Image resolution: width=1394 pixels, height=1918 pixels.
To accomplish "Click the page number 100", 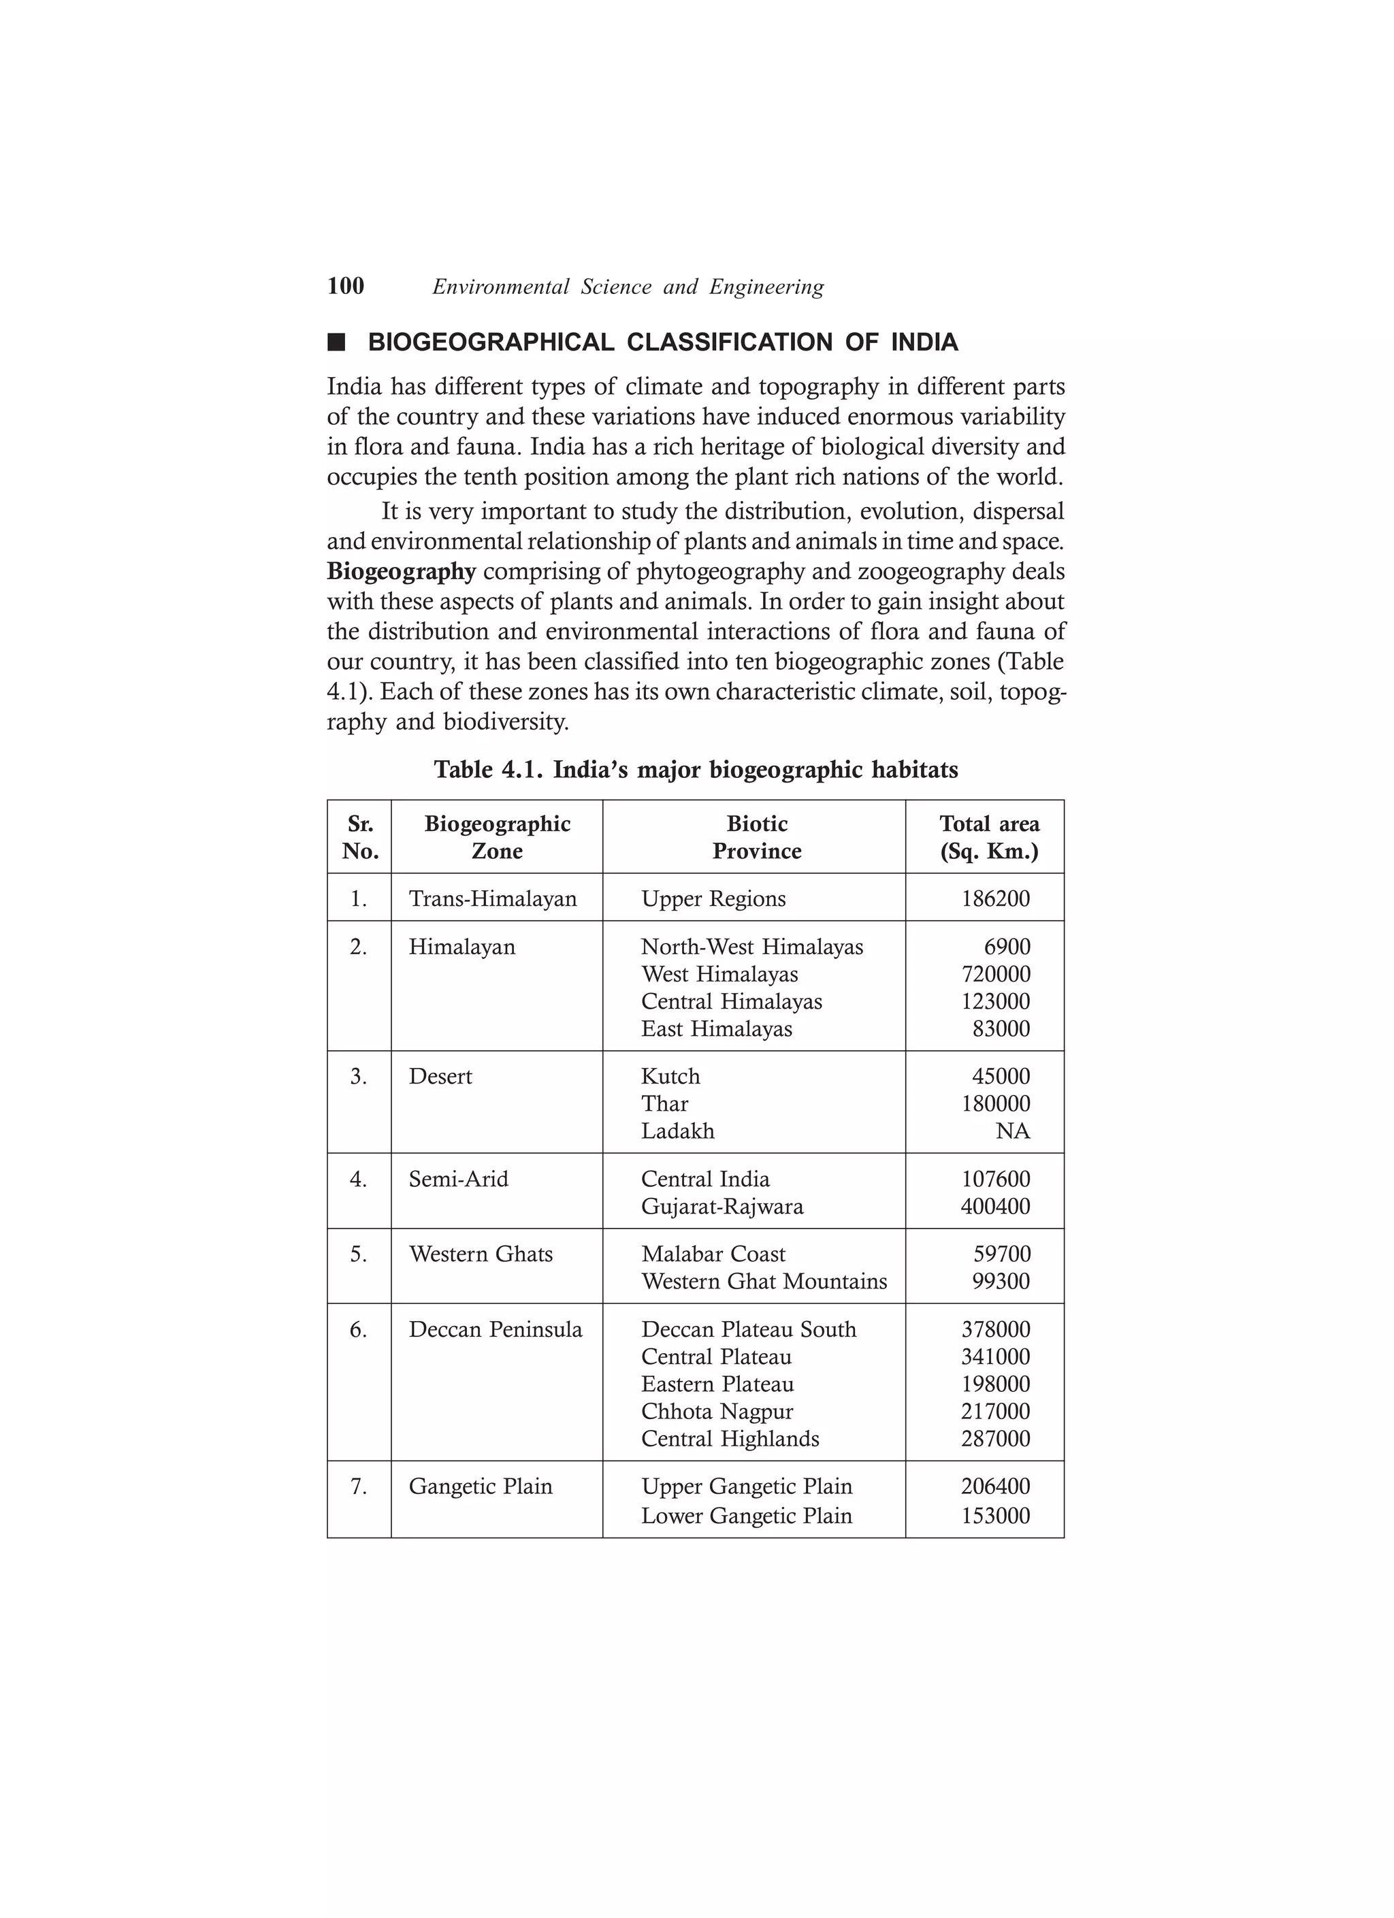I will point(345,286).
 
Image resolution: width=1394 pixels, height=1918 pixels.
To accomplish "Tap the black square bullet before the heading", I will point(337,342).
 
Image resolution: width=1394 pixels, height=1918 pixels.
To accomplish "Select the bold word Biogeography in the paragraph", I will point(402,572).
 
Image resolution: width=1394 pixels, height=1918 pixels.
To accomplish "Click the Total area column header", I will point(989,837).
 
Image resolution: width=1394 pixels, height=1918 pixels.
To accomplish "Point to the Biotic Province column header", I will point(756,837).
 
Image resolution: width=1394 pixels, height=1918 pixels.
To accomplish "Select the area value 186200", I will point(996,898).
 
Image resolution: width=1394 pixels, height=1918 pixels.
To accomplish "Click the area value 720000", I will point(996,974).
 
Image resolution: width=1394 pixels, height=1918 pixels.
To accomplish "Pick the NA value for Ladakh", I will point(1013,1131).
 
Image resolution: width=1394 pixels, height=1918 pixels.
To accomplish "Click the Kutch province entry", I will point(670,1077).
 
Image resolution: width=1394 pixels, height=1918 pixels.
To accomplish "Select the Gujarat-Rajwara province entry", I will point(722,1206).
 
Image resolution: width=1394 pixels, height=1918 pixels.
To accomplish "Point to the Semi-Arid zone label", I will point(459,1179).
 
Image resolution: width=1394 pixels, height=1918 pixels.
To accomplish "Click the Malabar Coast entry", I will point(713,1254).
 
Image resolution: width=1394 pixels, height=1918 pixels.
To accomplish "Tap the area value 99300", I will point(1001,1281).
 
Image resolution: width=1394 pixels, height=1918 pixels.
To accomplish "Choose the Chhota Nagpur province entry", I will point(717,1412).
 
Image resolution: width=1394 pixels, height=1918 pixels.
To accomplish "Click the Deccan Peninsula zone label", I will point(495,1329).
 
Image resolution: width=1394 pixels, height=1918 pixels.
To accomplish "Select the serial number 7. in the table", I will point(359,1486).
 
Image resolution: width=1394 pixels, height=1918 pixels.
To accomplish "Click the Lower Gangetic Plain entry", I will point(746,1516).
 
